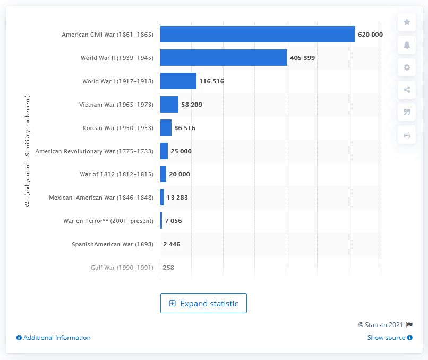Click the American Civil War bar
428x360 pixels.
tap(258, 35)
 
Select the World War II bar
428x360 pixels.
tap(224, 58)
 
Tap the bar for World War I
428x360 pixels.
tap(178, 81)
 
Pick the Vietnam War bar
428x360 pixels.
tap(169, 105)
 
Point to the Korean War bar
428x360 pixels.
tap(166, 128)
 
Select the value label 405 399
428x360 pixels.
tap(303, 58)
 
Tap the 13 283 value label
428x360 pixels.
tap(177, 198)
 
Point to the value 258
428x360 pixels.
tap(168, 268)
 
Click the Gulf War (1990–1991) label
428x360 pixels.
tap(122, 268)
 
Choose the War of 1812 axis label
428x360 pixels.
tap(116, 174)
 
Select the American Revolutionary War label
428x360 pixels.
tap(95, 151)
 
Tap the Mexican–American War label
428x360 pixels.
tap(101, 198)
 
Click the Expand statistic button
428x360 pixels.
tap(203, 303)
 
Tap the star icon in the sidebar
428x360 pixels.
tap(407, 22)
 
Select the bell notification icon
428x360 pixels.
tap(407, 45)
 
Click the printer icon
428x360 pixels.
tap(407, 135)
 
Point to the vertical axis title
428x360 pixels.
tap(27, 151)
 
